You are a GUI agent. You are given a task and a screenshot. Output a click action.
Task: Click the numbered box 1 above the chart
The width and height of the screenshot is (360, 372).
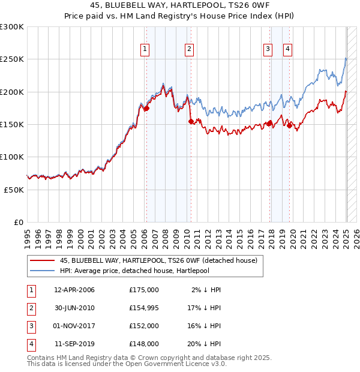pyautogui.click(x=145, y=50)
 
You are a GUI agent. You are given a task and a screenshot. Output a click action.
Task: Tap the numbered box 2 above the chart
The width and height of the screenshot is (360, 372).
pyautogui.click(x=189, y=50)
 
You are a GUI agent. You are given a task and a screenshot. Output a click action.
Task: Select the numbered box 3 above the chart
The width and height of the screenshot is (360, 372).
pyautogui.click(x=268, y=50)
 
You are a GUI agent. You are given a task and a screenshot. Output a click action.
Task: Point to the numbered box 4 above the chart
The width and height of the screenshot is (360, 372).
pyautogui.click(x=288, y=50)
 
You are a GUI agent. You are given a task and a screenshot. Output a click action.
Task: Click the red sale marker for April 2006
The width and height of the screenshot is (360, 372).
pyautogui.click(x=146, y=109)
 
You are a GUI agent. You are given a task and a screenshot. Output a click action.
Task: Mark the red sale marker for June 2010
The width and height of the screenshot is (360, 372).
pyautogui.click(x=191, y=121)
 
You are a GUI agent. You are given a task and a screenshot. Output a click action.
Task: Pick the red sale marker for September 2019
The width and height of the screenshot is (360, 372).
pyautogui.click(x=289, y=125)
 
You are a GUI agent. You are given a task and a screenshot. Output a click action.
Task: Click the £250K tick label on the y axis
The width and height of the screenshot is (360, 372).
pyautogui.click(x=12, y=59)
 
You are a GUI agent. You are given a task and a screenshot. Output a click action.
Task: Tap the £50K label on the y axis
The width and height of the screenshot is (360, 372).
pyautogui.click(x=14, y=189)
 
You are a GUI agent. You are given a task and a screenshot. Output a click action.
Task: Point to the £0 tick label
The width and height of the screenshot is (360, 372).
pyautogui.click(x=18, y=221)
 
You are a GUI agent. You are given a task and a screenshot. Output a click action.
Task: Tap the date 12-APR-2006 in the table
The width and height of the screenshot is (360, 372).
pyautogui.click(x=74, y=290)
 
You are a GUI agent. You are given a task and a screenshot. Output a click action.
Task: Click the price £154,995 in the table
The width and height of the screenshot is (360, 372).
pyautogui.click(x=144, y=307)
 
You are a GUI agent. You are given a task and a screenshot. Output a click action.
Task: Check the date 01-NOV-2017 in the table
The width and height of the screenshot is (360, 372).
pyautogui.click(x=74, y=326)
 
